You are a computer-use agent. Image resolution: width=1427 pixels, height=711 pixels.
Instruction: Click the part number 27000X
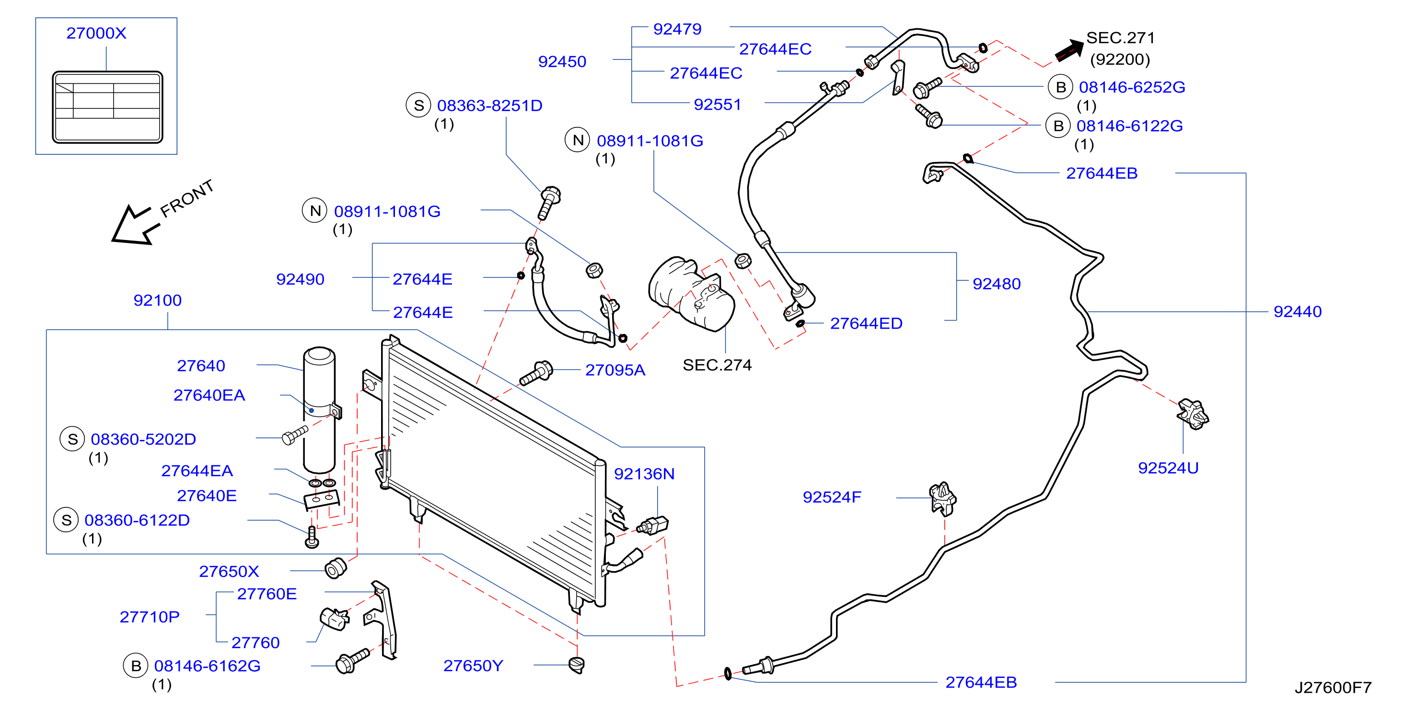(x=96, y=33)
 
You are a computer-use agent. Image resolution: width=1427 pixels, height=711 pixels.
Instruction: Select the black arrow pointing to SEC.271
(x=1068, y=50)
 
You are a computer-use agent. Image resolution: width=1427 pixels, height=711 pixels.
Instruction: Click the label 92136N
(x=644, y=474)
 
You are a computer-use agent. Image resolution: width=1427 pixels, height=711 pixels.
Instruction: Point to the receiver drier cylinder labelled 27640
(x=319, y=410)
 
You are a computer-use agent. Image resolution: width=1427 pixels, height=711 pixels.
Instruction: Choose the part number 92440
(x=1298, y=312)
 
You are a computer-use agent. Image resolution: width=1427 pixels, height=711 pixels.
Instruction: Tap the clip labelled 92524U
(x=1193, y=413)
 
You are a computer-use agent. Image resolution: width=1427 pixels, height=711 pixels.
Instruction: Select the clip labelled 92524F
(x=942, y=498)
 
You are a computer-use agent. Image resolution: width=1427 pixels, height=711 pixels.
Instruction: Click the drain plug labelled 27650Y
(x=577, y=665)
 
